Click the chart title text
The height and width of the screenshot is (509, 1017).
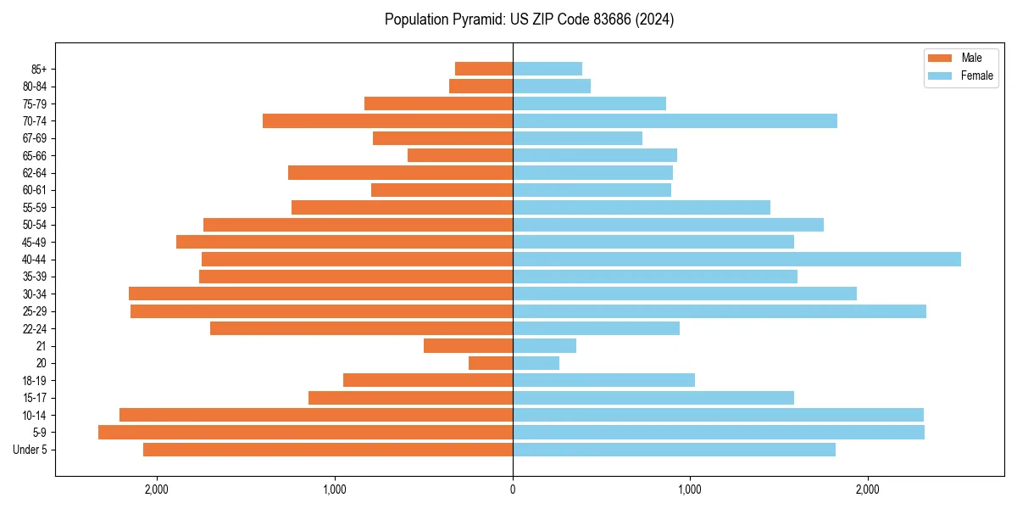[529, 20]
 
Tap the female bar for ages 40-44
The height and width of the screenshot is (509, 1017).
[736, 260]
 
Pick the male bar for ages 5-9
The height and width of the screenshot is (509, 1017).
[305, 433]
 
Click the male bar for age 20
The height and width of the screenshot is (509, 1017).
[491, 363]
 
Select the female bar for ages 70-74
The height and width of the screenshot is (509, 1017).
[675, 121]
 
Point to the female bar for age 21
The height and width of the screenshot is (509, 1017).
[544, 346]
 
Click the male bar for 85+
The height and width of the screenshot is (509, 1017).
[484, 69]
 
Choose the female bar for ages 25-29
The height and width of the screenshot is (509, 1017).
[719, 311]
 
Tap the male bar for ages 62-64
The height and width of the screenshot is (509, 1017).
[400, 173]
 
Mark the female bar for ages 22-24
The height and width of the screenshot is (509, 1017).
[596, 328]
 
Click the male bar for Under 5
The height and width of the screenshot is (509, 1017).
[328, 450]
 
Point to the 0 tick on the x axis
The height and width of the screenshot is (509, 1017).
[513, 489]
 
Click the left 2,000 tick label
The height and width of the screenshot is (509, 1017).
[157, 489]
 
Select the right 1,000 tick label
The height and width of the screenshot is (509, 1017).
[690, 489]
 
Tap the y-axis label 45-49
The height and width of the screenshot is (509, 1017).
[35, 243]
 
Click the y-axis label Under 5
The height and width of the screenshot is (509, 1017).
[31, 450]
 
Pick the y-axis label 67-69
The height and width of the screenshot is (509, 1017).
[35, 138]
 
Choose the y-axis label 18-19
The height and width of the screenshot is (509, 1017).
[35, 381]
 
